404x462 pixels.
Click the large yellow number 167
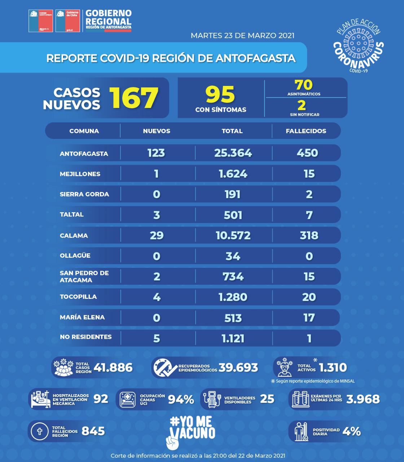(x=134, y=97)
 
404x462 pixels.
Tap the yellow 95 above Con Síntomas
(x=220, y=94)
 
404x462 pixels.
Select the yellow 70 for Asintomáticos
(x=304, y=85)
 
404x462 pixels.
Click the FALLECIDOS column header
(x=306, y=131)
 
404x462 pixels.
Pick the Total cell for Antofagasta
(x=233, y=153)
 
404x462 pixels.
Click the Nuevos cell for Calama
(x=157, y=235)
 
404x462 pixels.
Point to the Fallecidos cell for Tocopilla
(x=309, y=297)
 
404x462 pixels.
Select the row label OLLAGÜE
(x=76, y=256)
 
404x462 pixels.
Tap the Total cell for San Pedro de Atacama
(x=233, y=276)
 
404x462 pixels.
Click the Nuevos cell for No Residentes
(x=157, y=338)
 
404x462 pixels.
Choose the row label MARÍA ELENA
(x=82, y=317)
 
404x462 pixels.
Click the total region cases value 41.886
(x=113, y=367)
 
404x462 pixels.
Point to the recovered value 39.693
(x=238, y=367)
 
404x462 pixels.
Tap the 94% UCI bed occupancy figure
(x=181, y=399)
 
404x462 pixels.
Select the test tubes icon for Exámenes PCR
(x=300, y=399)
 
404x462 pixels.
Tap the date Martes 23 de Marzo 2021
(x=242, y=35)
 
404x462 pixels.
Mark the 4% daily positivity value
(x=351, y=431)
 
